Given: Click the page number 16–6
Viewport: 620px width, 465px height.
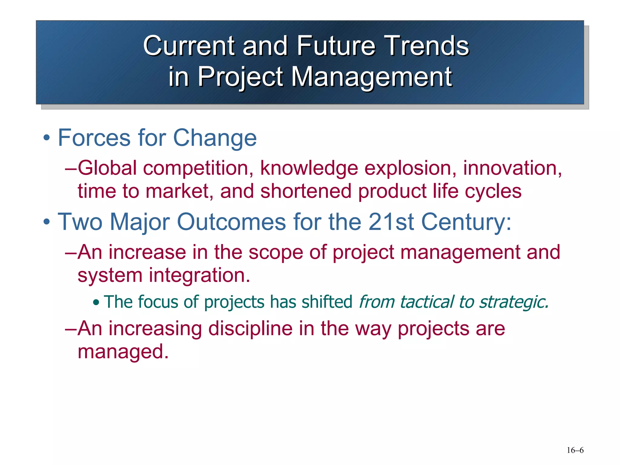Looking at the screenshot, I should click(575, 450).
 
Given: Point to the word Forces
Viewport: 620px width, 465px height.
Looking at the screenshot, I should click(94, 138).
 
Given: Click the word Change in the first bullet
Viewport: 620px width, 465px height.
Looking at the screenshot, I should click(215, 138).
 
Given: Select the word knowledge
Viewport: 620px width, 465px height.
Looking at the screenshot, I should click(309, 169).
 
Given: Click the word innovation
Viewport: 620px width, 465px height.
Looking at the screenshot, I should click(512, 168).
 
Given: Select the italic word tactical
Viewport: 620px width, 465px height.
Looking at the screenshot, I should click(427, 302).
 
